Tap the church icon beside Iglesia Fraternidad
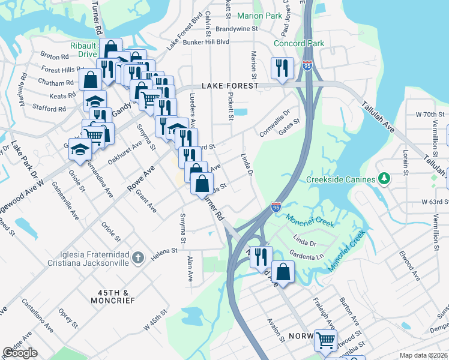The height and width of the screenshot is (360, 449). (x=138, y=257)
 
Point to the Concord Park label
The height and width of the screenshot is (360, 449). (x=299, y=43)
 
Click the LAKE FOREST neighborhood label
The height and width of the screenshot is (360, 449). (x=230, y=86)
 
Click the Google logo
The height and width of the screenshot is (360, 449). (x=20, y=353)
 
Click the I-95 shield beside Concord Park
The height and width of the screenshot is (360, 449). (x=307, y=65)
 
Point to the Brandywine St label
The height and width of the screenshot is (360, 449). (x=236, y=28)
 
